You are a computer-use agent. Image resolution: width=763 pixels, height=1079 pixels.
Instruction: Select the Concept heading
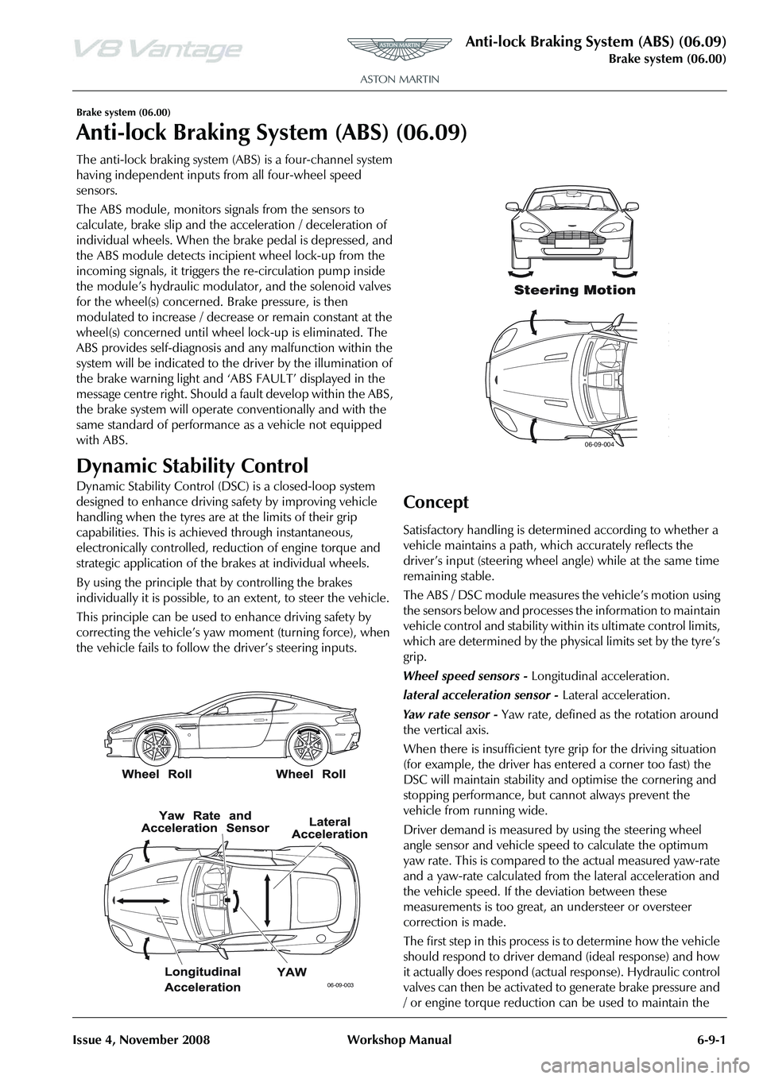pyautogui.click(x=436, y=502)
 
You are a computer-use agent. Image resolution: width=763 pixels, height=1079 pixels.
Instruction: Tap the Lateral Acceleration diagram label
pyautogui.click(x=330, y=827)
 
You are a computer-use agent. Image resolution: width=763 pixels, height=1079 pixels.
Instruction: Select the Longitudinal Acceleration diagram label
pyautogui.click(x=202, y=978)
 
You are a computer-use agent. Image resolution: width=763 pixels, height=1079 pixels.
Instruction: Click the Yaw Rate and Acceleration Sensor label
pyautogui.click(x=205, y=821)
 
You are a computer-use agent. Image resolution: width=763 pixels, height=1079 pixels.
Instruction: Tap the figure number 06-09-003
pyautogui.click(x=339, y=984)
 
